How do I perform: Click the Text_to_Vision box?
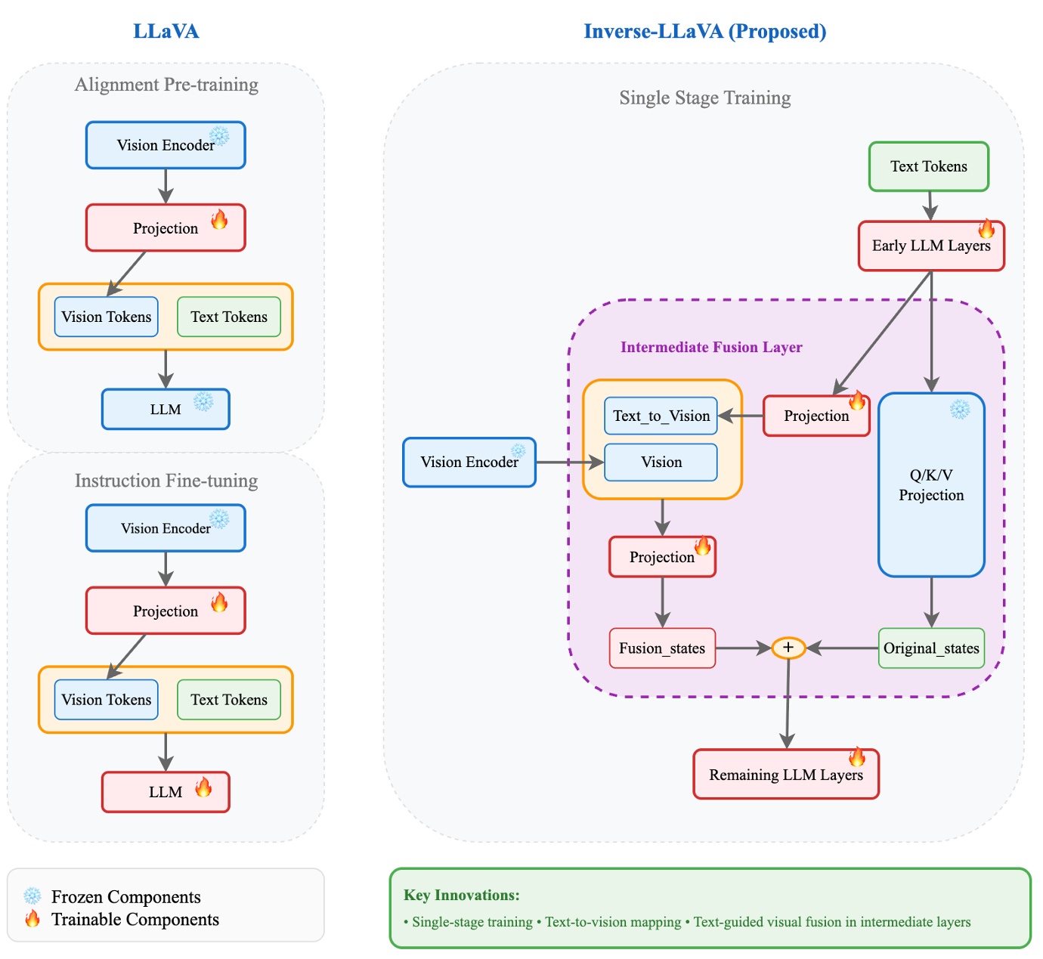pyautogui.click(x=661, y=416)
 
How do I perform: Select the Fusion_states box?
pyautogui.click(x=662, y=648)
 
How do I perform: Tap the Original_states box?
pyautogui.click(x=931, y=648)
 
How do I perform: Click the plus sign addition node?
pyautogui.click(x=788, y=648)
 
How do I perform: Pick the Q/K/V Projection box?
pyautogui.click(x=931, y=485)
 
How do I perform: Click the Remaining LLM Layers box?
pyautogui.click(x=786, y=775)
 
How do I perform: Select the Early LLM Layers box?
pyautogui.click(x=931, y=246)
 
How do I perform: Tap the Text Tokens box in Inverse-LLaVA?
pyautogui.click(x=928, y=166)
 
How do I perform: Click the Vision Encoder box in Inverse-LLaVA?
pyautogui.click(x=469, y=462)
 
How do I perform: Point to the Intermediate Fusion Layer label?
pyautogui.click(x=711, y=347)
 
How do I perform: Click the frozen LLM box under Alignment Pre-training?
pyautogui.click(x=166, y=410)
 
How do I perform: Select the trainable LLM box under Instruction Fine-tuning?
pyautogui.click(x=166, y=792)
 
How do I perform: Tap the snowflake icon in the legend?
pyautogui.click(x=32, y=896)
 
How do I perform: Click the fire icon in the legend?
pyautogui.click(x=32, y=919)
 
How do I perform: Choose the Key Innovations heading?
pyautogui.click(x=462, y=895)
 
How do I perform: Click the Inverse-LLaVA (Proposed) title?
pyautogui.click(x=704, y=31)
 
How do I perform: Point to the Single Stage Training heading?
pyautogui.click(x=704, y=97)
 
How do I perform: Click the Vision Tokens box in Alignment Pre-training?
pyautogui.click(x=107, y=317)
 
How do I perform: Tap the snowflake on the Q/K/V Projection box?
pyautogui.click(x=959, y=410)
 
